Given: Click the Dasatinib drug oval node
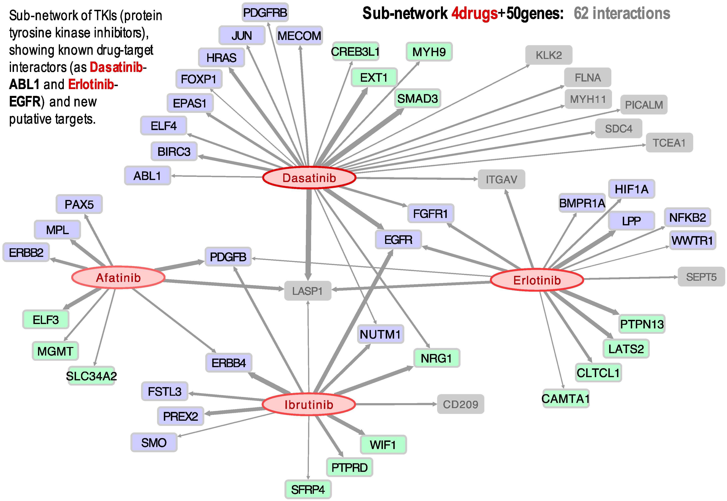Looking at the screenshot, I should (309, 178).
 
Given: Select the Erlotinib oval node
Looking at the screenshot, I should (537, 280).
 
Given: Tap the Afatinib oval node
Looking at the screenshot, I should (118, 277).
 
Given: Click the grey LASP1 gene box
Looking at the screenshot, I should (307, 291).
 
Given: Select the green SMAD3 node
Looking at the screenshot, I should (417, 98).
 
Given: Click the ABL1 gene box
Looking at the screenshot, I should (147, 176).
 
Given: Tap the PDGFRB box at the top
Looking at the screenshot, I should (265, 13).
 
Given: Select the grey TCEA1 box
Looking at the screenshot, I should (669, 143).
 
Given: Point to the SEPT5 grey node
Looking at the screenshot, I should (701, 277).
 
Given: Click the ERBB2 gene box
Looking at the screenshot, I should (26, 252).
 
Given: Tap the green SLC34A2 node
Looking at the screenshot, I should (91, 376).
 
